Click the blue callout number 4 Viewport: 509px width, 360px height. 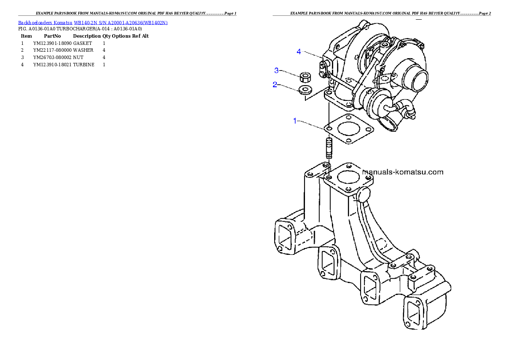point(299,52)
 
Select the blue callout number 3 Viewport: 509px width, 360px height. point(277,70)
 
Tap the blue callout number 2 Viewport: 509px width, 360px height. point(275,85)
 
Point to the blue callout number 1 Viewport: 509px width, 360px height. point(295,121)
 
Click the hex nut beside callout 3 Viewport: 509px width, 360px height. point(305,77)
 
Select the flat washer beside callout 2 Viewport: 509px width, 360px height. point(305,90)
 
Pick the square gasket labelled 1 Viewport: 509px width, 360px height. point(349,129)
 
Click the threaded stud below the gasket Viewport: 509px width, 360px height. point(329,148)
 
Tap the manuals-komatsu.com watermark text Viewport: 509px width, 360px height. point(402,172)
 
